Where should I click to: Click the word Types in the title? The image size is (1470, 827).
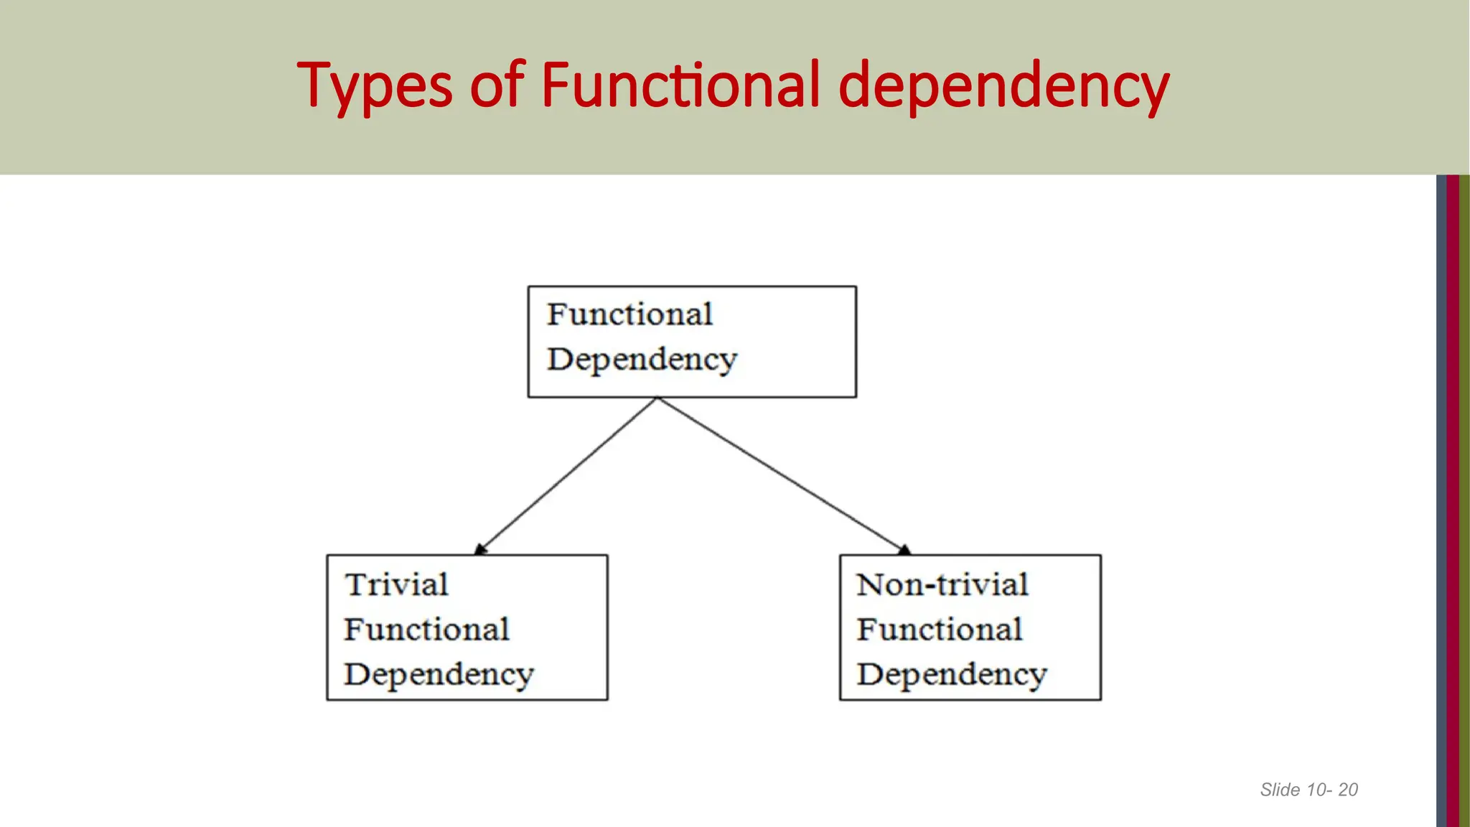[x=374, y=86]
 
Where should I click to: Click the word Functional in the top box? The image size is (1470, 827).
[x=629, y=314]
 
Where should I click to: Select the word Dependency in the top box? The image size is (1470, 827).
[x=642, y=359]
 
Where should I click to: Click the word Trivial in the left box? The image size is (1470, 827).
[x=396, y=584]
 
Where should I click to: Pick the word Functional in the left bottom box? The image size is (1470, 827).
[x=426, y=630]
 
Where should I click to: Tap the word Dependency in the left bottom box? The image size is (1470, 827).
[x=439, y=675]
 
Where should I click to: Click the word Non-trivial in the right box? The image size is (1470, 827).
[x=942, y=584]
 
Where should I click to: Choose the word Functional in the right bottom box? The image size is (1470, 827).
[x=939, y=630]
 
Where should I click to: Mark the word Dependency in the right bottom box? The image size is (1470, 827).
[x=952, y=675]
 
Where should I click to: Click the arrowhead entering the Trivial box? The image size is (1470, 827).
[x=480, y=550]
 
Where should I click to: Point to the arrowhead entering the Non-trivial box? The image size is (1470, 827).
[x=904, y=550]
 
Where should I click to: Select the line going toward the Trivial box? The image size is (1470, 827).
[x=567, y=475]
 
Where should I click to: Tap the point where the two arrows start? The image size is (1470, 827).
[x=657, y=398]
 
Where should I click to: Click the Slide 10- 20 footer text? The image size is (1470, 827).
[x=1309, y=790]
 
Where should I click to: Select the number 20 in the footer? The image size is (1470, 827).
[x=1348, y=790]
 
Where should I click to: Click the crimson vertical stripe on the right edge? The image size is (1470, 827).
[x=1453, y=503]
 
